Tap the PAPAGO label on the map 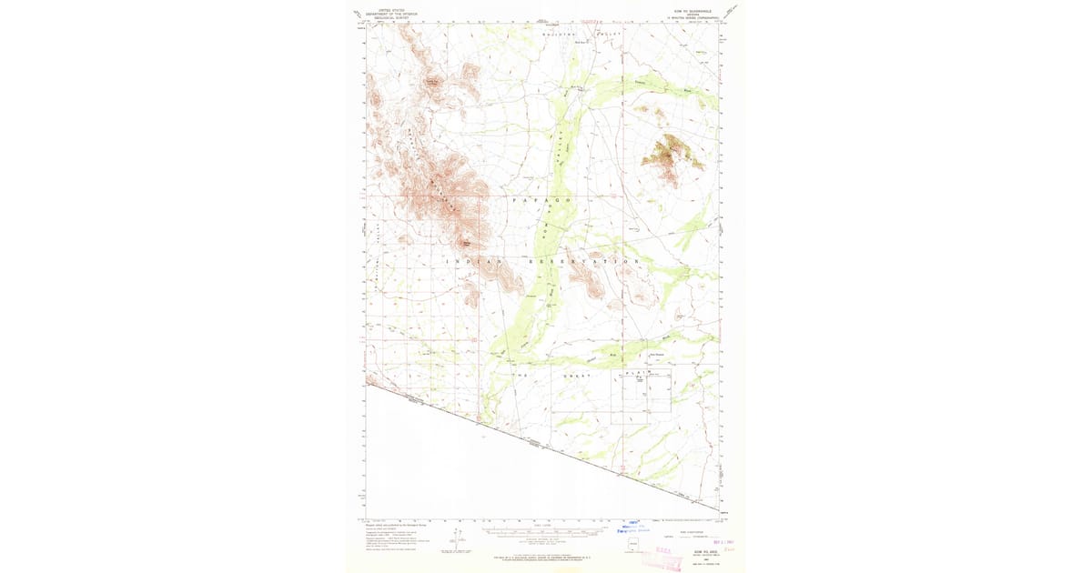click(541, 199)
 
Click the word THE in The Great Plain click(524, 375)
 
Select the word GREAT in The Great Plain click(576, 375)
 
